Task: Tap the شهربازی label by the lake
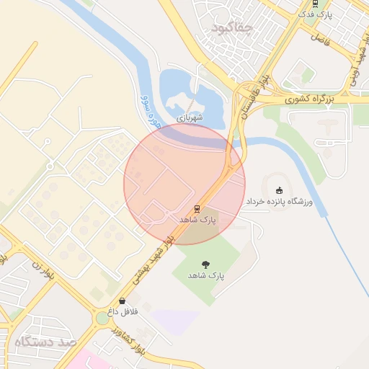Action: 190,117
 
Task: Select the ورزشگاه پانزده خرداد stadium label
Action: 279,203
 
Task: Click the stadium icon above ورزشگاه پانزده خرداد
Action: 280,190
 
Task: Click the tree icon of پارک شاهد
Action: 207,264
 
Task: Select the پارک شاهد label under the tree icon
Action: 207,276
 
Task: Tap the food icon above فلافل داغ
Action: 121,301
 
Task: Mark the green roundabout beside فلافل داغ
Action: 100,318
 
